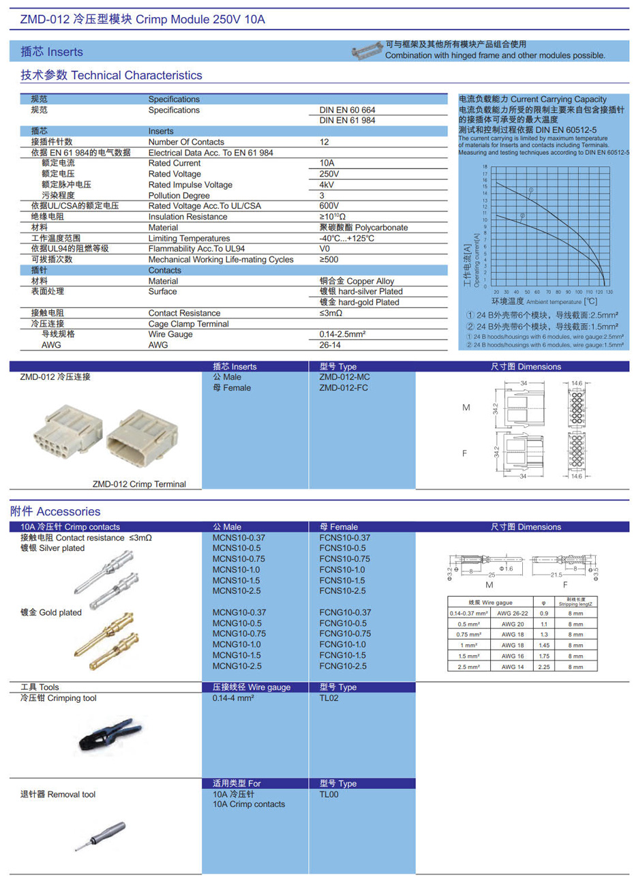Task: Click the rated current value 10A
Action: point(327,163)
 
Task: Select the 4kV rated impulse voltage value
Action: point(327,185)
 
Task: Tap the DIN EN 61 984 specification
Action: point(347,120)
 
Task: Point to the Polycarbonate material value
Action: point(363,227)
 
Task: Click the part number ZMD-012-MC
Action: point(344,376)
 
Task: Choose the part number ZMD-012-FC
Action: point(344,387)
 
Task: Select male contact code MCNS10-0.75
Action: point(238,558)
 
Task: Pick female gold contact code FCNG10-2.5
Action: point(342,665)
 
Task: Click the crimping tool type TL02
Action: point(329,697)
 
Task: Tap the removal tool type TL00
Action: point(329,794)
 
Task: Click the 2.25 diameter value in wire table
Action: point(543,667)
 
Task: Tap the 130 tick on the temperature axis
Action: point(609,291)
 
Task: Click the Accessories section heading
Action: point(55,511)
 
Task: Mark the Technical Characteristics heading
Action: point(112,75)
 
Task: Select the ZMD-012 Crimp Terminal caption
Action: point(139,484)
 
